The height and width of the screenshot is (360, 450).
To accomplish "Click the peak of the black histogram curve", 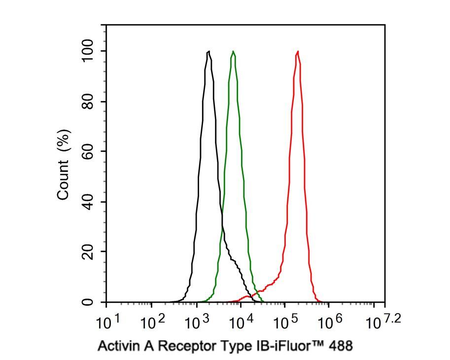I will [x=208, y=51].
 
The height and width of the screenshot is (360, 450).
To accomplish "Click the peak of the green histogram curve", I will [x=233, y=51].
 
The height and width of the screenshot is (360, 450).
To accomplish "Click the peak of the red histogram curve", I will [x=297, y=51].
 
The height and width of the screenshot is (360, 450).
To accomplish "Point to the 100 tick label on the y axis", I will [x=88, y=51].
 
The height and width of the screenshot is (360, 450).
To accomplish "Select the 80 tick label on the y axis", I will [x=88, y=102].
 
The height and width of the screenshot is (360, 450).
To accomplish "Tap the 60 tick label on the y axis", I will [x=88, y=152].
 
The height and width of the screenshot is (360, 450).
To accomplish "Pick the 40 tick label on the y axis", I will [x=88, y=202].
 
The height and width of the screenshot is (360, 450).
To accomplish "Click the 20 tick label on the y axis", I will [x=88, y=252].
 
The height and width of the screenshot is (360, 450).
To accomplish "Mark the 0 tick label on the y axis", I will [x=88, y=302].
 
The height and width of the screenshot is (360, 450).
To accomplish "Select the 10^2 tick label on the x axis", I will [x=153, y=323].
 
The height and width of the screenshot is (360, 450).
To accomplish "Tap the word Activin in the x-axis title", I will [x=117, y=346].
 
